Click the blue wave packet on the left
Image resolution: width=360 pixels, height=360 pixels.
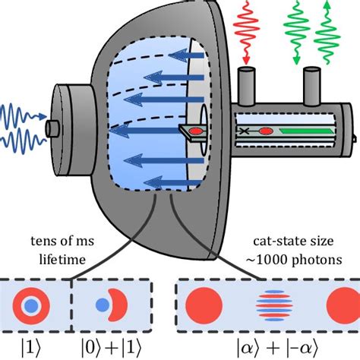click(x=19, y=125)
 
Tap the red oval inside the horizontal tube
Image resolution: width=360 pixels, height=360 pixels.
click(x=265, y=131)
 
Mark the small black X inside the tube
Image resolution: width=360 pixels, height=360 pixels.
click(x=246, y=131)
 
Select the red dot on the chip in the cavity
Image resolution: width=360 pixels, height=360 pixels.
click(x=194, y=130)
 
